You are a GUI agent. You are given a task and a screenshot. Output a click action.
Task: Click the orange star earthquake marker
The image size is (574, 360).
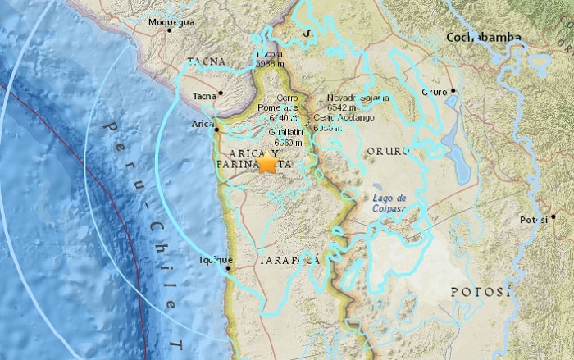tap(267, 162)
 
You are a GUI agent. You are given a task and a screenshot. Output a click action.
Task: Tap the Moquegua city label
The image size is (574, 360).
tap(171, 21)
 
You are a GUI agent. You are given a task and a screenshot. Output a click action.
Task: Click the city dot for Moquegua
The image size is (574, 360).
tap(171, 30)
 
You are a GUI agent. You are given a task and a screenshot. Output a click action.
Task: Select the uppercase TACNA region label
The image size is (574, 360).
tap(204, 62)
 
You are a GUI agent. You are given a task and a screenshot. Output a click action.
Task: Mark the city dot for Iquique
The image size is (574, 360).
tap(229, 266)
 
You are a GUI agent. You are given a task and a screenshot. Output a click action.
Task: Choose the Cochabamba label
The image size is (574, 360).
tap(483, 37)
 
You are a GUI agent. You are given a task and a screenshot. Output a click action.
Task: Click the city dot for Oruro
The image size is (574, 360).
tap(452, 91)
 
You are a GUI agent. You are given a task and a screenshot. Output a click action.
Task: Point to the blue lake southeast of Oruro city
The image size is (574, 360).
tap(458, 139)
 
